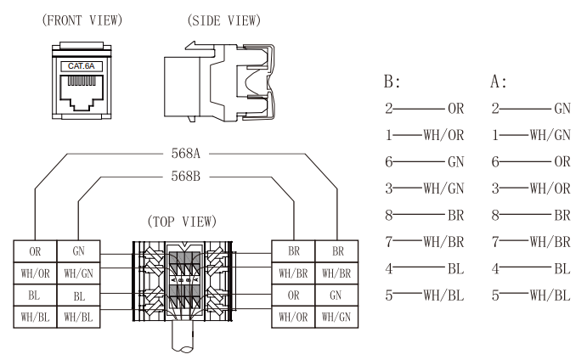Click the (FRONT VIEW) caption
click(x=75, y=20)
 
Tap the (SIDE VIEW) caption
click(x=223, y=20)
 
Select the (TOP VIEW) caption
click(x=182, y=222)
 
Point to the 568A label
click(x=184, y=154)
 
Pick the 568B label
click(x=184, y=177)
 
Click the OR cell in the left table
click(x=35, y=251)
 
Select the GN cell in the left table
click(x=78, y=251)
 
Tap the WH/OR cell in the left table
click(x=35, y=273)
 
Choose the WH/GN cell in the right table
click(x=337, y=318)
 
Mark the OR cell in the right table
click(x=293, y=295)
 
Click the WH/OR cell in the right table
click(x=293, y=318)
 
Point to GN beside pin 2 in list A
click(x=562, y=110)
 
